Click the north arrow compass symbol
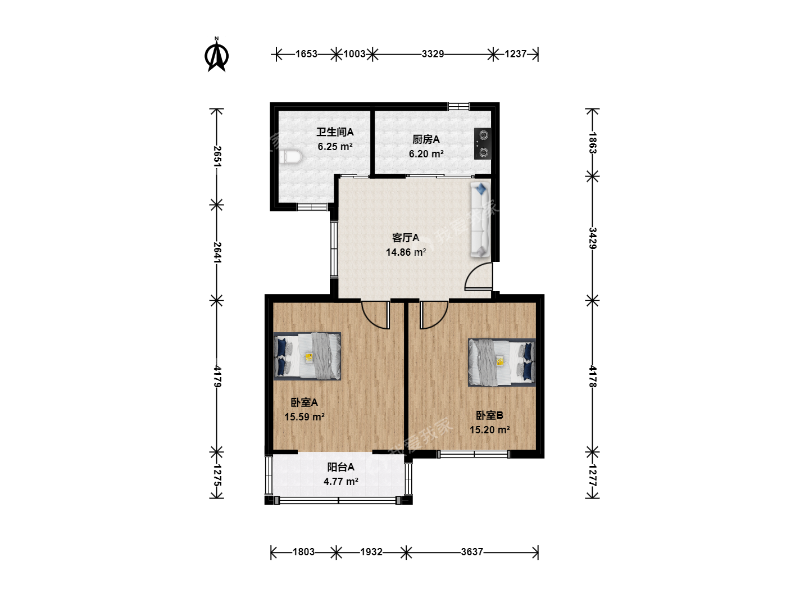click(x=217, y=55)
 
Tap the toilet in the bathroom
click(x=290, y=157)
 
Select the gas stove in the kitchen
click(x=483, y=143)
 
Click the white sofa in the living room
click(x=480, y=220)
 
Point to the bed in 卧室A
click(x=307, y=356)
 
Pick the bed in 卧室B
click(x=502, y=363)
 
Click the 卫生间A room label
click(x=335, y=132)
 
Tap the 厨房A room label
click(x=426, y=139)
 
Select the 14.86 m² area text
click(x=406, y=252)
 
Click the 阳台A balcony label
click(x=341, y=467)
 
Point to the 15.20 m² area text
click(x=489, y=430)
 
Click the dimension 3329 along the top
click(x=433, y=54)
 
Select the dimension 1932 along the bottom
click(x=371, y=552)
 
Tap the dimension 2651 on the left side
click(x=217, y=157)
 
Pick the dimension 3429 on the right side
click(x=592, y=238)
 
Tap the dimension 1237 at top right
click(x=515, y=54)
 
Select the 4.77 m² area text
click(x=341, y=481)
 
